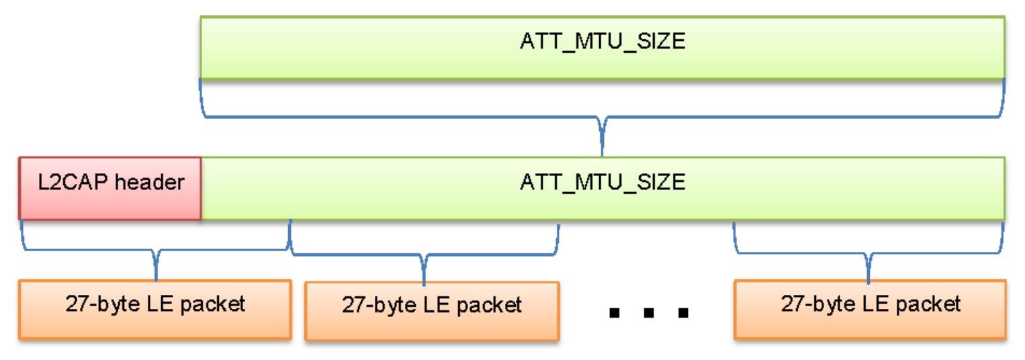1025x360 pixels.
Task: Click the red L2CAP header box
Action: coord(109,188)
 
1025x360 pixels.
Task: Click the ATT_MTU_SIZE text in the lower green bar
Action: coord(603,182)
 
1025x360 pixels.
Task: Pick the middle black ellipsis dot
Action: coord(649,313)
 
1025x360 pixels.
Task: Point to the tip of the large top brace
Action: coord(603,152)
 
